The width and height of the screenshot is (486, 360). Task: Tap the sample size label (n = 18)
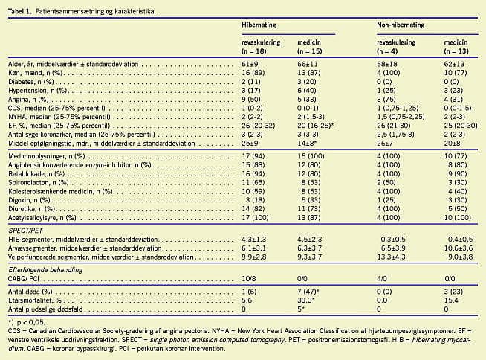258,50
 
